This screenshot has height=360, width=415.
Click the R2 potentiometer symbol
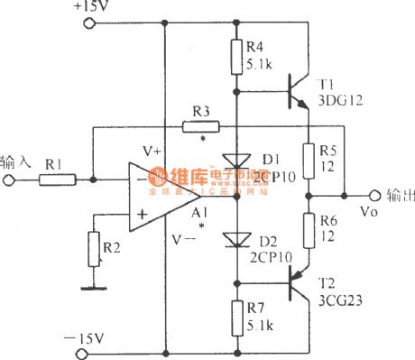coord(91,245)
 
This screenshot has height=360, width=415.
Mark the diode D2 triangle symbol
coord(236,239)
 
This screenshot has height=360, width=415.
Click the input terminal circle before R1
coord(8,180)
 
